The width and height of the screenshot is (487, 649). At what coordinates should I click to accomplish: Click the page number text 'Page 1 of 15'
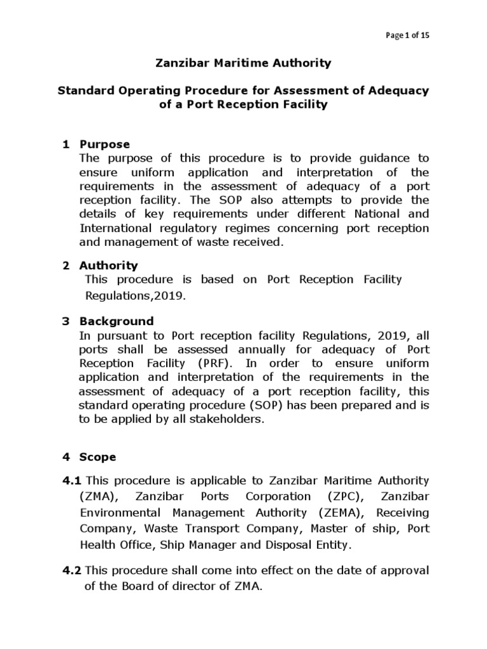tap(408, 35)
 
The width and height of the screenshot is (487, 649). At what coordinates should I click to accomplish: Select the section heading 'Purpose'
tap(105, 145)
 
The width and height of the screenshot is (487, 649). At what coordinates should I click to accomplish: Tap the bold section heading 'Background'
tap(116, 321)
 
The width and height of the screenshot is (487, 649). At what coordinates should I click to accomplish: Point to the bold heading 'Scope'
tap(98, 456)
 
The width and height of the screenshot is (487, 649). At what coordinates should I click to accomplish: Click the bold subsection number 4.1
tap(72, 481)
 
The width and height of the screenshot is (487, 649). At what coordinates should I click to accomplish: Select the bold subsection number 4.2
tap(72, 570)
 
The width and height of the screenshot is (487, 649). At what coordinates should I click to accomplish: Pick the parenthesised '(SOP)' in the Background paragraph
tap(254, 406)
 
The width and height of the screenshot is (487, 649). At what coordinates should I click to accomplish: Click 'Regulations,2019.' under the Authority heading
tap(136, 295)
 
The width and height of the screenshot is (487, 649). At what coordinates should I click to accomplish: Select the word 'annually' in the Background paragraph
tap(261, 349)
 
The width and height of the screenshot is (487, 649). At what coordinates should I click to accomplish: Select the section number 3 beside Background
tap(65, 321)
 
